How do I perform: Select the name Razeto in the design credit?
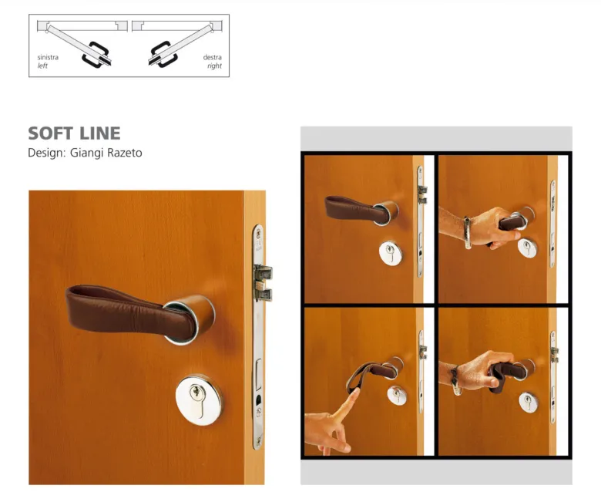[125, 153]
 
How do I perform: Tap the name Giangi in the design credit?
[86, 153]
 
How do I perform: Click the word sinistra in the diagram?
[48, 57]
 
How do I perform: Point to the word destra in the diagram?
[213, 57]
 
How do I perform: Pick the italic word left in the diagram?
[42, 66]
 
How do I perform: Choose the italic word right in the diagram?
[215, 66]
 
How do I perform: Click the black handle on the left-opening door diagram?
[96, 56]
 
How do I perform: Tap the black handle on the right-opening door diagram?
[163, 55]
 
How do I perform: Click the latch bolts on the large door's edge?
[264, 282]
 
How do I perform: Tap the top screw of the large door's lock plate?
[259, 232]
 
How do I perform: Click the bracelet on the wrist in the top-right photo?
[467, 233]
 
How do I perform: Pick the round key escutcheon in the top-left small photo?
[391, 253]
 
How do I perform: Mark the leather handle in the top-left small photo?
[357, 210]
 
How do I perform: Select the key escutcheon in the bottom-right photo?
[529, 403]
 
